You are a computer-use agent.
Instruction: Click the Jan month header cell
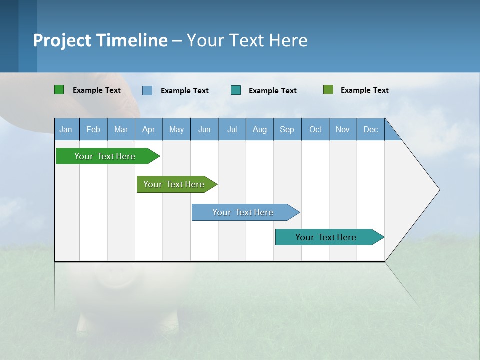point(66,129)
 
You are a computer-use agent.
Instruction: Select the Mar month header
point(121,129)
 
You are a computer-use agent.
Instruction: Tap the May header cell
point(176,129)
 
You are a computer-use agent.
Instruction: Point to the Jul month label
point(232,129)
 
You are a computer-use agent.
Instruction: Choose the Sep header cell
point(287,129)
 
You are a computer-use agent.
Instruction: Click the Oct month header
point(315,129)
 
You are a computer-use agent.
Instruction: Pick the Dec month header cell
point(370,129)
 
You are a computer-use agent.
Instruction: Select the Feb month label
point(93,129)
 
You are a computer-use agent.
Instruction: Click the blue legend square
point(147,90)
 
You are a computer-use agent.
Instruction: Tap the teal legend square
point(236,90)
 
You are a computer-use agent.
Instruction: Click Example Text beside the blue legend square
point(185,91)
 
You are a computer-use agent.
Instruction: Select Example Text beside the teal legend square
point(273,91)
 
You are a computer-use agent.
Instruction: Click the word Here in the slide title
point(288,40)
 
